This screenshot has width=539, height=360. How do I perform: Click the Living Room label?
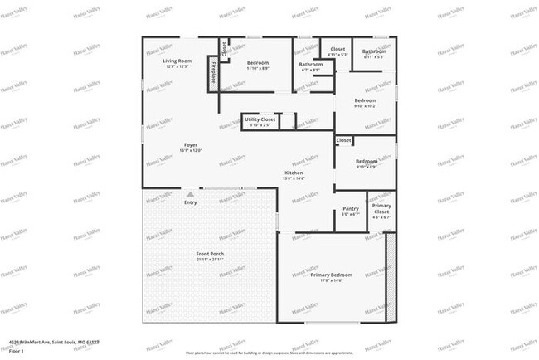click(x=177, y=61)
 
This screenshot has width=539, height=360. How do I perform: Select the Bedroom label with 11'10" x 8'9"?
click(x=258, y=63)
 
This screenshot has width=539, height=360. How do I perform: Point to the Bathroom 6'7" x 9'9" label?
click(x=311, y=65)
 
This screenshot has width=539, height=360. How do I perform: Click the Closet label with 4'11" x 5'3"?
click(x=337, y=49)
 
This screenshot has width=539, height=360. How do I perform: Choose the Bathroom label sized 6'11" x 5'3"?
click(x=374, y=51)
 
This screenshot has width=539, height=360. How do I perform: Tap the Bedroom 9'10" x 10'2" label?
click(x=365, y=100)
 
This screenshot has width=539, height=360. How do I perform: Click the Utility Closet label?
click(x=260, y=119)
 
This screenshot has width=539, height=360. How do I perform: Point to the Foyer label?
click(x=191, y=145)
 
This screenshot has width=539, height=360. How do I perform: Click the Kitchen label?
click(x=294, y=173)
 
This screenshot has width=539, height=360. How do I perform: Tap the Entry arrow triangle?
click(x=190, y=194)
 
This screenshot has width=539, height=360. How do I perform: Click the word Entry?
click(x=191, y=202)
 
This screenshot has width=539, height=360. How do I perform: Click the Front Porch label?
click(x=211, y=254)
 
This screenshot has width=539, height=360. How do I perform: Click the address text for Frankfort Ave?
click(x=50, y=341)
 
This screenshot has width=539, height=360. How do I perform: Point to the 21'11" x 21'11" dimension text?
click(x=211, y=260)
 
